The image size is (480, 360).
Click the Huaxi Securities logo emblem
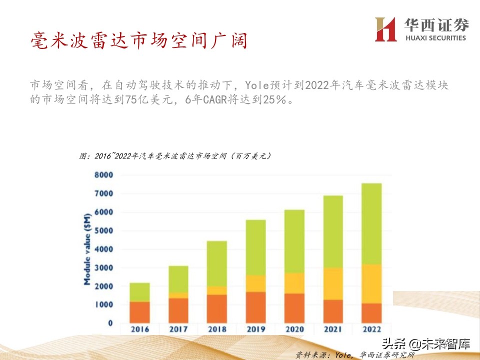pyautogui.click(x=385, y=29)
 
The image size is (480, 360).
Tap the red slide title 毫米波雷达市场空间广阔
pyautogui.click(x=139, y=40)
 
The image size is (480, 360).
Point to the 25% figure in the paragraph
pyautogui.click(x=274, y=99)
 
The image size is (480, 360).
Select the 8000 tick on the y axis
pyautogui.click(x=103, y=175)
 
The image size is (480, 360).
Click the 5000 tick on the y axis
pyautogui.click(x=103, y=230)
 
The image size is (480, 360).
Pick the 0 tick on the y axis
pyautogui.click(x=109, y=323)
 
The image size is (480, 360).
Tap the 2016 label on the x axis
pyautogui.click(x=139, y=329)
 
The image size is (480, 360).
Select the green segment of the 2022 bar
pyautogui.click(x=371, y=223)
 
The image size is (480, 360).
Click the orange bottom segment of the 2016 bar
pyautogui.click(x=139, y=312)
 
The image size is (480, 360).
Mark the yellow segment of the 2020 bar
pyautogui.click(x=294, y=283)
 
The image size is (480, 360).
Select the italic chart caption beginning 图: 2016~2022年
pyautogui.click(x=175, y=156)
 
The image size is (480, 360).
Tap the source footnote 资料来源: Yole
pyautogui.click(x=354, y=355)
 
